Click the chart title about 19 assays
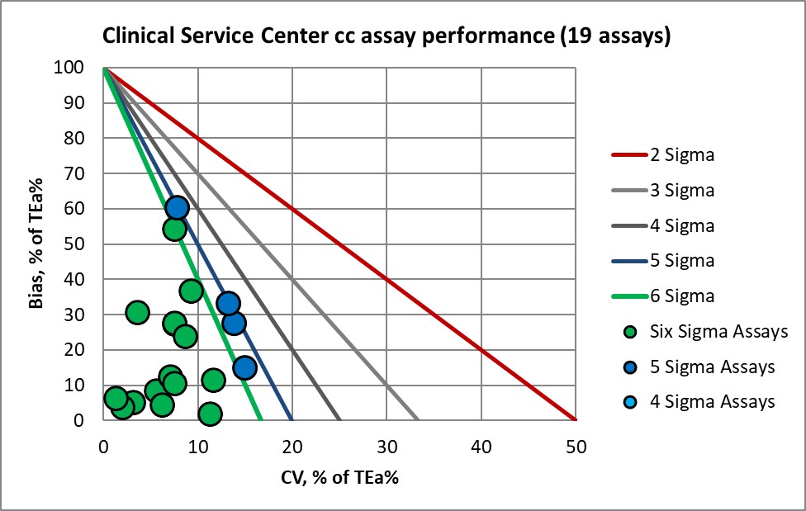click(385, 35)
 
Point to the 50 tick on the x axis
click(576, 447)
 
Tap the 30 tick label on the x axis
click(386, 447)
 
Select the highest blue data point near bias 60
click(177, 207)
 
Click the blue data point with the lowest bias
click(244, 367)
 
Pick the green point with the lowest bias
click(211, 414)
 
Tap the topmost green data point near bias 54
click(174, 229)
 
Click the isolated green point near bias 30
click(137, 312)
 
